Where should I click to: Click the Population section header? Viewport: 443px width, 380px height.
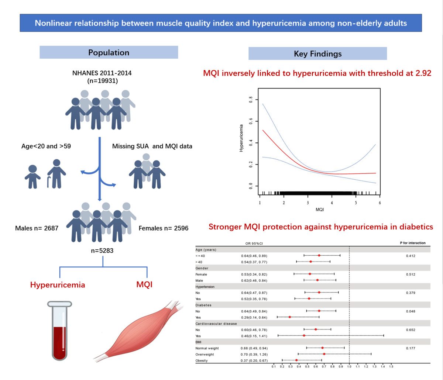click(x=109, y=52)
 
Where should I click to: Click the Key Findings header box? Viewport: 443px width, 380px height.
click(x=317, y=53)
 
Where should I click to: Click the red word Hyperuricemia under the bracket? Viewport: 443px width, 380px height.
click(x=58, y=285)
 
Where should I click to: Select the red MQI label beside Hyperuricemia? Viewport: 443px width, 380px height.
click(x=144, y=285)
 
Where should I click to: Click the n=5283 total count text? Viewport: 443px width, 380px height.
click(x=102, y=250)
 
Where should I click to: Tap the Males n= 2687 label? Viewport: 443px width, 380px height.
click(x=37, y=228)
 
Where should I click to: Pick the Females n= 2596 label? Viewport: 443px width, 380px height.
click(x=164, y=228)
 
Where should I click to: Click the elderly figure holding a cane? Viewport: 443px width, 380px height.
click(x=56, y=174)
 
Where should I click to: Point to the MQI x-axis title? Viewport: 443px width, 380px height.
click(x=320, y=210)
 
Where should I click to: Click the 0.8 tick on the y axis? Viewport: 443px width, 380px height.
click(x=251, y=99)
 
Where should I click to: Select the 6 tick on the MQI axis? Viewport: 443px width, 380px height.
click(x=380, y=203)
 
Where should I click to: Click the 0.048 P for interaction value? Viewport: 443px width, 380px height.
click(x=410, y=311)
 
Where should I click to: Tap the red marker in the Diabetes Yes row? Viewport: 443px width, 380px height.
click(x=290, y=317)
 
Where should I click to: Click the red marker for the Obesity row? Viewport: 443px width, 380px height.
click(x=296, y=360)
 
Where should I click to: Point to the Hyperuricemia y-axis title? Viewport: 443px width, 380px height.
click(x=241, y=138)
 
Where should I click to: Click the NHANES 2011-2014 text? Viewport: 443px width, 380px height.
click(x=102, y=73)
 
